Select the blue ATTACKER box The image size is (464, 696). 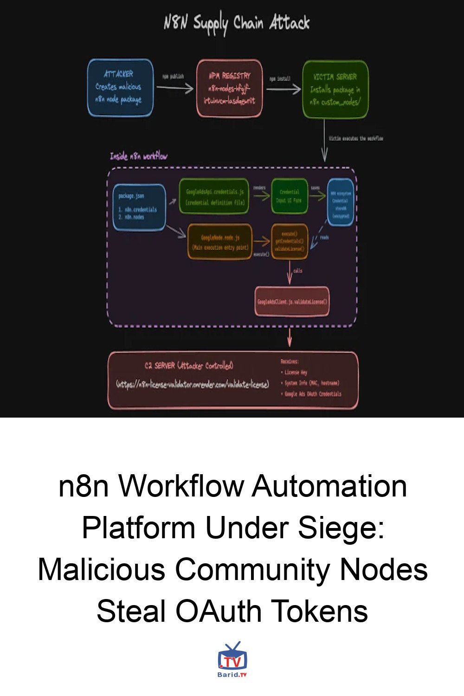tap(120, 87)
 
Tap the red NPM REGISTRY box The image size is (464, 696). tap(229, 88)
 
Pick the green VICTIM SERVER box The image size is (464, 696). tap(335, 89)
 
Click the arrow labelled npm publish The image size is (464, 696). tap(175, 87)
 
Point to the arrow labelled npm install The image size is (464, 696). tap(283, 88)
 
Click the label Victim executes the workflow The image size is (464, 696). tap(356, 138)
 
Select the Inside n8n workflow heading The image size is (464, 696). tap(138, 156)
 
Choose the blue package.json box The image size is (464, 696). tap(139, 207)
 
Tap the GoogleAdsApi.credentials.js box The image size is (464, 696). tap(214, 197)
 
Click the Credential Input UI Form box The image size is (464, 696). tap(289, 196)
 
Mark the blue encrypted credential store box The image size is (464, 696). tap(341, 202)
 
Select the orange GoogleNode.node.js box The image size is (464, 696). tap(220, 242)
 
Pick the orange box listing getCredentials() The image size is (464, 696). tap(289, 241)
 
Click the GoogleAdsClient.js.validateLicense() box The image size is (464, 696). tap(292, 302)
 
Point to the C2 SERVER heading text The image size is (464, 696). tap(189, 366)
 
